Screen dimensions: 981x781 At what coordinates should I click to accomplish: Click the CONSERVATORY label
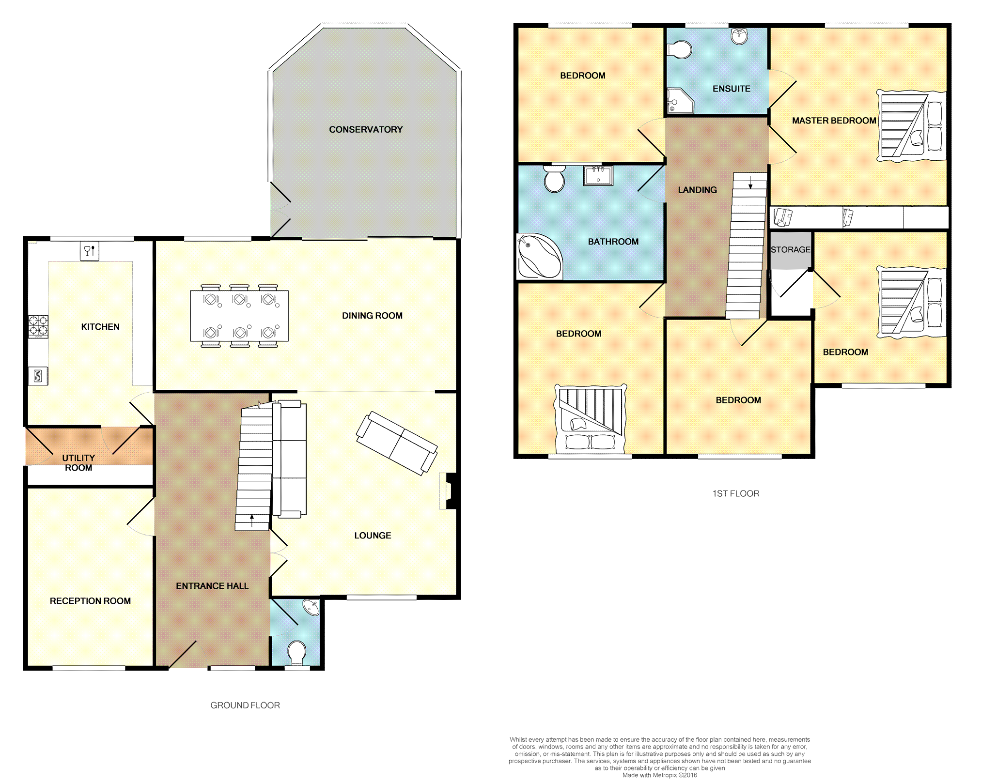point(366,129)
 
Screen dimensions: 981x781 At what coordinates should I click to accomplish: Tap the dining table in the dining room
point(239,316)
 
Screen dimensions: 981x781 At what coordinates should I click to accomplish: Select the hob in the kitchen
point(38,326)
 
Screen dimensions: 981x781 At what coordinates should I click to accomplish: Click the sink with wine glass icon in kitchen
point(89,251)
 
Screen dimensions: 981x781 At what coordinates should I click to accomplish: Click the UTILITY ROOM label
point(78,462)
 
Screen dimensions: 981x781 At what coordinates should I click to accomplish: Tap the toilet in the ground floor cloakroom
point(296,653)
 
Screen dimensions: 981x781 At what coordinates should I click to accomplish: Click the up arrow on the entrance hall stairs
point(252,521)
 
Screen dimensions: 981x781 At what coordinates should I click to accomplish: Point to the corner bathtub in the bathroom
point(539,256)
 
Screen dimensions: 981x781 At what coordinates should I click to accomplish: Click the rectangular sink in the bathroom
point(598,175)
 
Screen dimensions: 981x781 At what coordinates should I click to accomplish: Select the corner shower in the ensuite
point(680,101)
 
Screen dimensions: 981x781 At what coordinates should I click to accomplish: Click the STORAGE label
point(791,249)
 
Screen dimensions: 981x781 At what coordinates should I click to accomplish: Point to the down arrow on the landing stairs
point(750,183)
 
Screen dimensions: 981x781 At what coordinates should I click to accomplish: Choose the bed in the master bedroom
point(911,126)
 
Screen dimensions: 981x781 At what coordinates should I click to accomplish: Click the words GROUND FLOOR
point(245,705)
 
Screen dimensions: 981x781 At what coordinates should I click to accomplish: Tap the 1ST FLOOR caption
point(736,493)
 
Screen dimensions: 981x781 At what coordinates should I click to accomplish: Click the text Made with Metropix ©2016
point(660,775)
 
